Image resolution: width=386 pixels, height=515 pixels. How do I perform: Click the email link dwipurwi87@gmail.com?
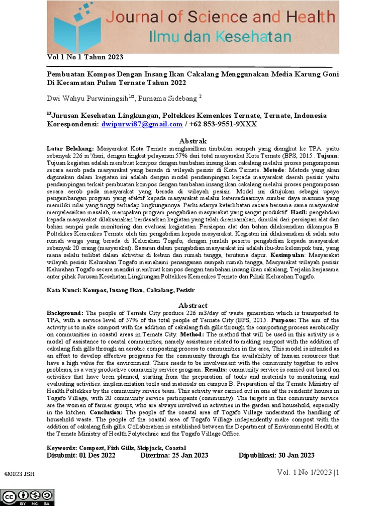click(142, 124)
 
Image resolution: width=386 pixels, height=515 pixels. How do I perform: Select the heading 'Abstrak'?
click(192, 141)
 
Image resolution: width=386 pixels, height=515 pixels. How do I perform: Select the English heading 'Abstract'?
click(192, 305)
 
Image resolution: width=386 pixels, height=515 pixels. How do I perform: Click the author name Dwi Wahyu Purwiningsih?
click(88, 98)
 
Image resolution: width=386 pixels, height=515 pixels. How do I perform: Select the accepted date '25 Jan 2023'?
click(189, 455)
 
